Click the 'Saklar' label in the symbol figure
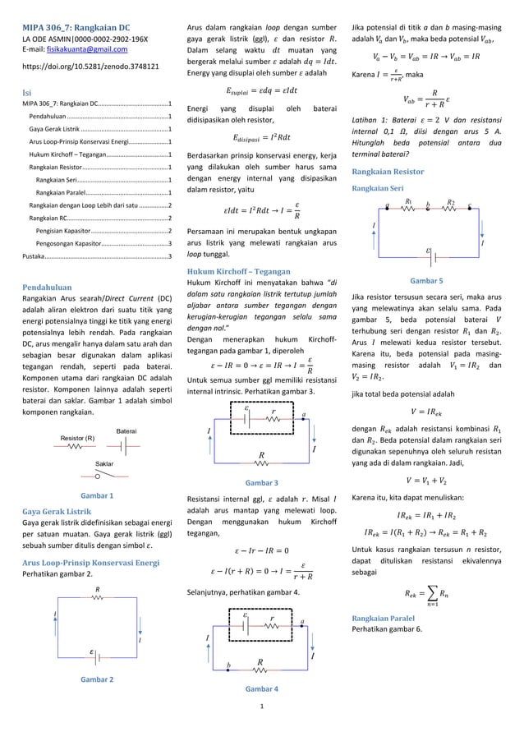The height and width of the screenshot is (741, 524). pos(97,463)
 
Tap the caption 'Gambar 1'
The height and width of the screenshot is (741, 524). pos(96,496)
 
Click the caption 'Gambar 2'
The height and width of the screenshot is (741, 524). pos(96,679)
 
